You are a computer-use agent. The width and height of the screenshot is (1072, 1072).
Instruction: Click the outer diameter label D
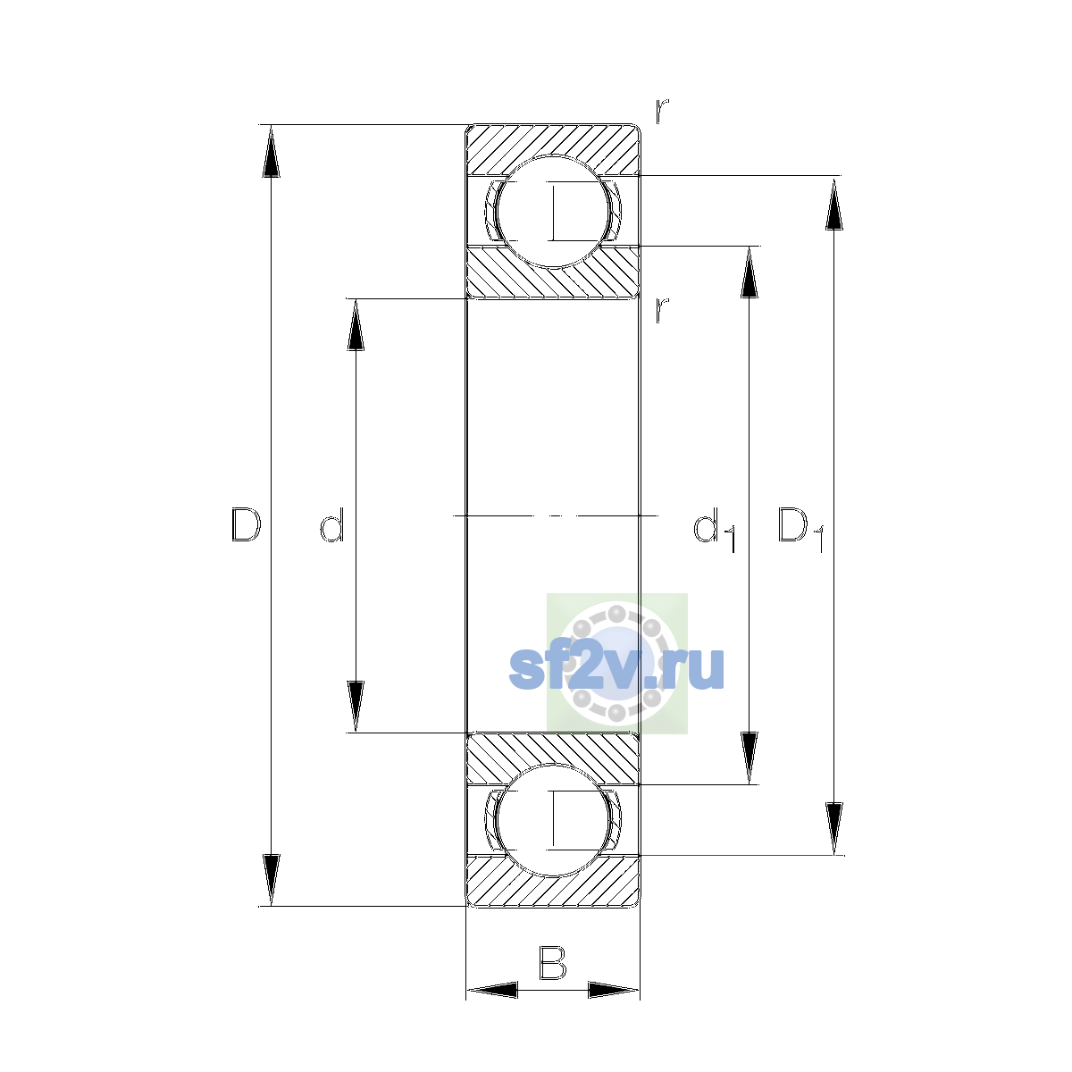246,524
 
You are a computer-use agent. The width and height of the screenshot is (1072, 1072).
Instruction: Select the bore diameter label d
332,524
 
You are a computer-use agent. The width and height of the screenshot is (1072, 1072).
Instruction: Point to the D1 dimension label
800,529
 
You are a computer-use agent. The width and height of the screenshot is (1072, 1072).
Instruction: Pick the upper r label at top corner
661,112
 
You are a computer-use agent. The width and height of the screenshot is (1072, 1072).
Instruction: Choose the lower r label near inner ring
661,310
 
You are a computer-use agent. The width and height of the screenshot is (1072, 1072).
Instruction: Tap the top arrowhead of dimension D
271,151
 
